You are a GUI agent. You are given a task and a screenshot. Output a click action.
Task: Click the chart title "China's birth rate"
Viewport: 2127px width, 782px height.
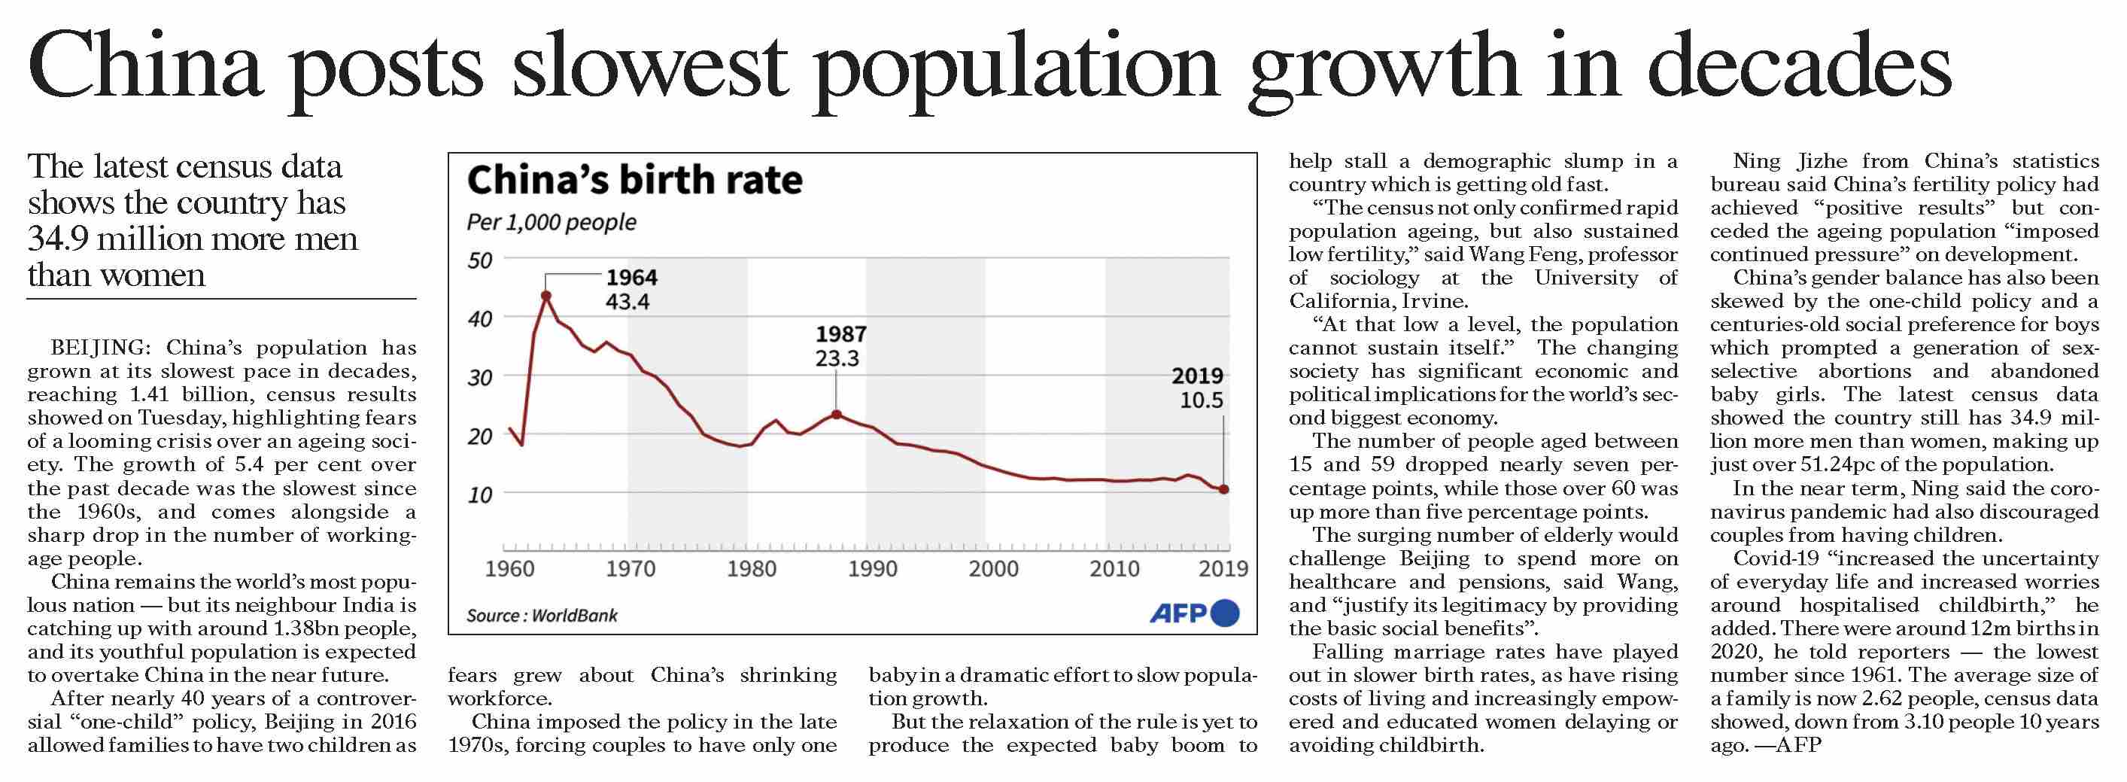click(x=634, y=180)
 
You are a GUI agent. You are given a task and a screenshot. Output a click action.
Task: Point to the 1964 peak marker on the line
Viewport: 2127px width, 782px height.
click(x=545, y=295)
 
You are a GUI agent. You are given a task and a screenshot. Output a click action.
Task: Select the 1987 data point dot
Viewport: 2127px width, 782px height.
click(x=837, y=415)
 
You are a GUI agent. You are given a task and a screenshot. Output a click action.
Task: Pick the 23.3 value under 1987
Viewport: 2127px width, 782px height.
click(x=837, y=359)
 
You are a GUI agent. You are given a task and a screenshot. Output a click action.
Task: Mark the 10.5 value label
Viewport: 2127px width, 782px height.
click(x=1202, y=401)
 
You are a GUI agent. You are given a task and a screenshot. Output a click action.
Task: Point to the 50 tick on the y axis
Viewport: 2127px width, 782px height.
click(x=479, y=261)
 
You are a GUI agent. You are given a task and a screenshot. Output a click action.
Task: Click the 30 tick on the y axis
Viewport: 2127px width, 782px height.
click(x=479, y=378)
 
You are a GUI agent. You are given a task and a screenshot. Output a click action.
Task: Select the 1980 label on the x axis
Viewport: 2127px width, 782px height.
click(x=752, y=569)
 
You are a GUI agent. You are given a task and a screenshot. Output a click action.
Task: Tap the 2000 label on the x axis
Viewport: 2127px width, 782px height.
click(x=993, y=569)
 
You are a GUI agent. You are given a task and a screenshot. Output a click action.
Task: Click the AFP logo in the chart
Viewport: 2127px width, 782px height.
click(x=1194, y=613)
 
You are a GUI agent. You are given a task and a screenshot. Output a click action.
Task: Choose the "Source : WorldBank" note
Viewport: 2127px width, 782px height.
click(x=542, y=616)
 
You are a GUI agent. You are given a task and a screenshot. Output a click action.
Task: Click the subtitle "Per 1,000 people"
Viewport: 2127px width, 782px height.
click(x=552, y=223)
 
